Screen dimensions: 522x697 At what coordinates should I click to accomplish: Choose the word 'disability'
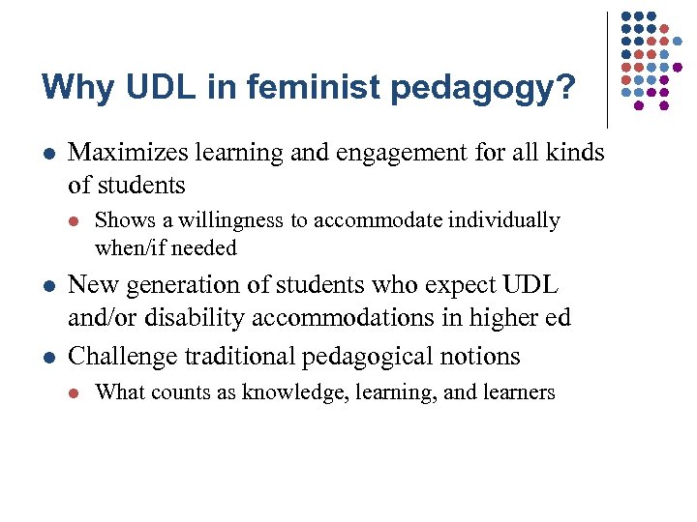178,316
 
